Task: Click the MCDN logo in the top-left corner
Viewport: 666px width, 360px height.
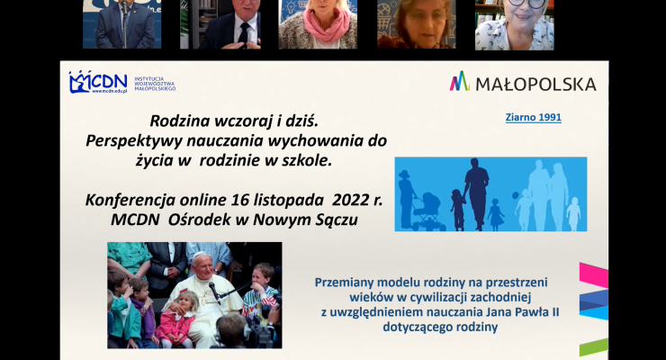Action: tap(98, 82)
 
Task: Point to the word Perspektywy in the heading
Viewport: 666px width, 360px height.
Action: tap(133, 139)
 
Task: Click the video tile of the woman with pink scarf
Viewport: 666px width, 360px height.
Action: tap(318, 24)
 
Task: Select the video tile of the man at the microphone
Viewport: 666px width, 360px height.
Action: tap(121, 24)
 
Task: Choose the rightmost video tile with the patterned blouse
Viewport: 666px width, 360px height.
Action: tap(515, 24)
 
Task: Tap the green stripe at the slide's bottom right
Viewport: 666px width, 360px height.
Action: tap(594, 347)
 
